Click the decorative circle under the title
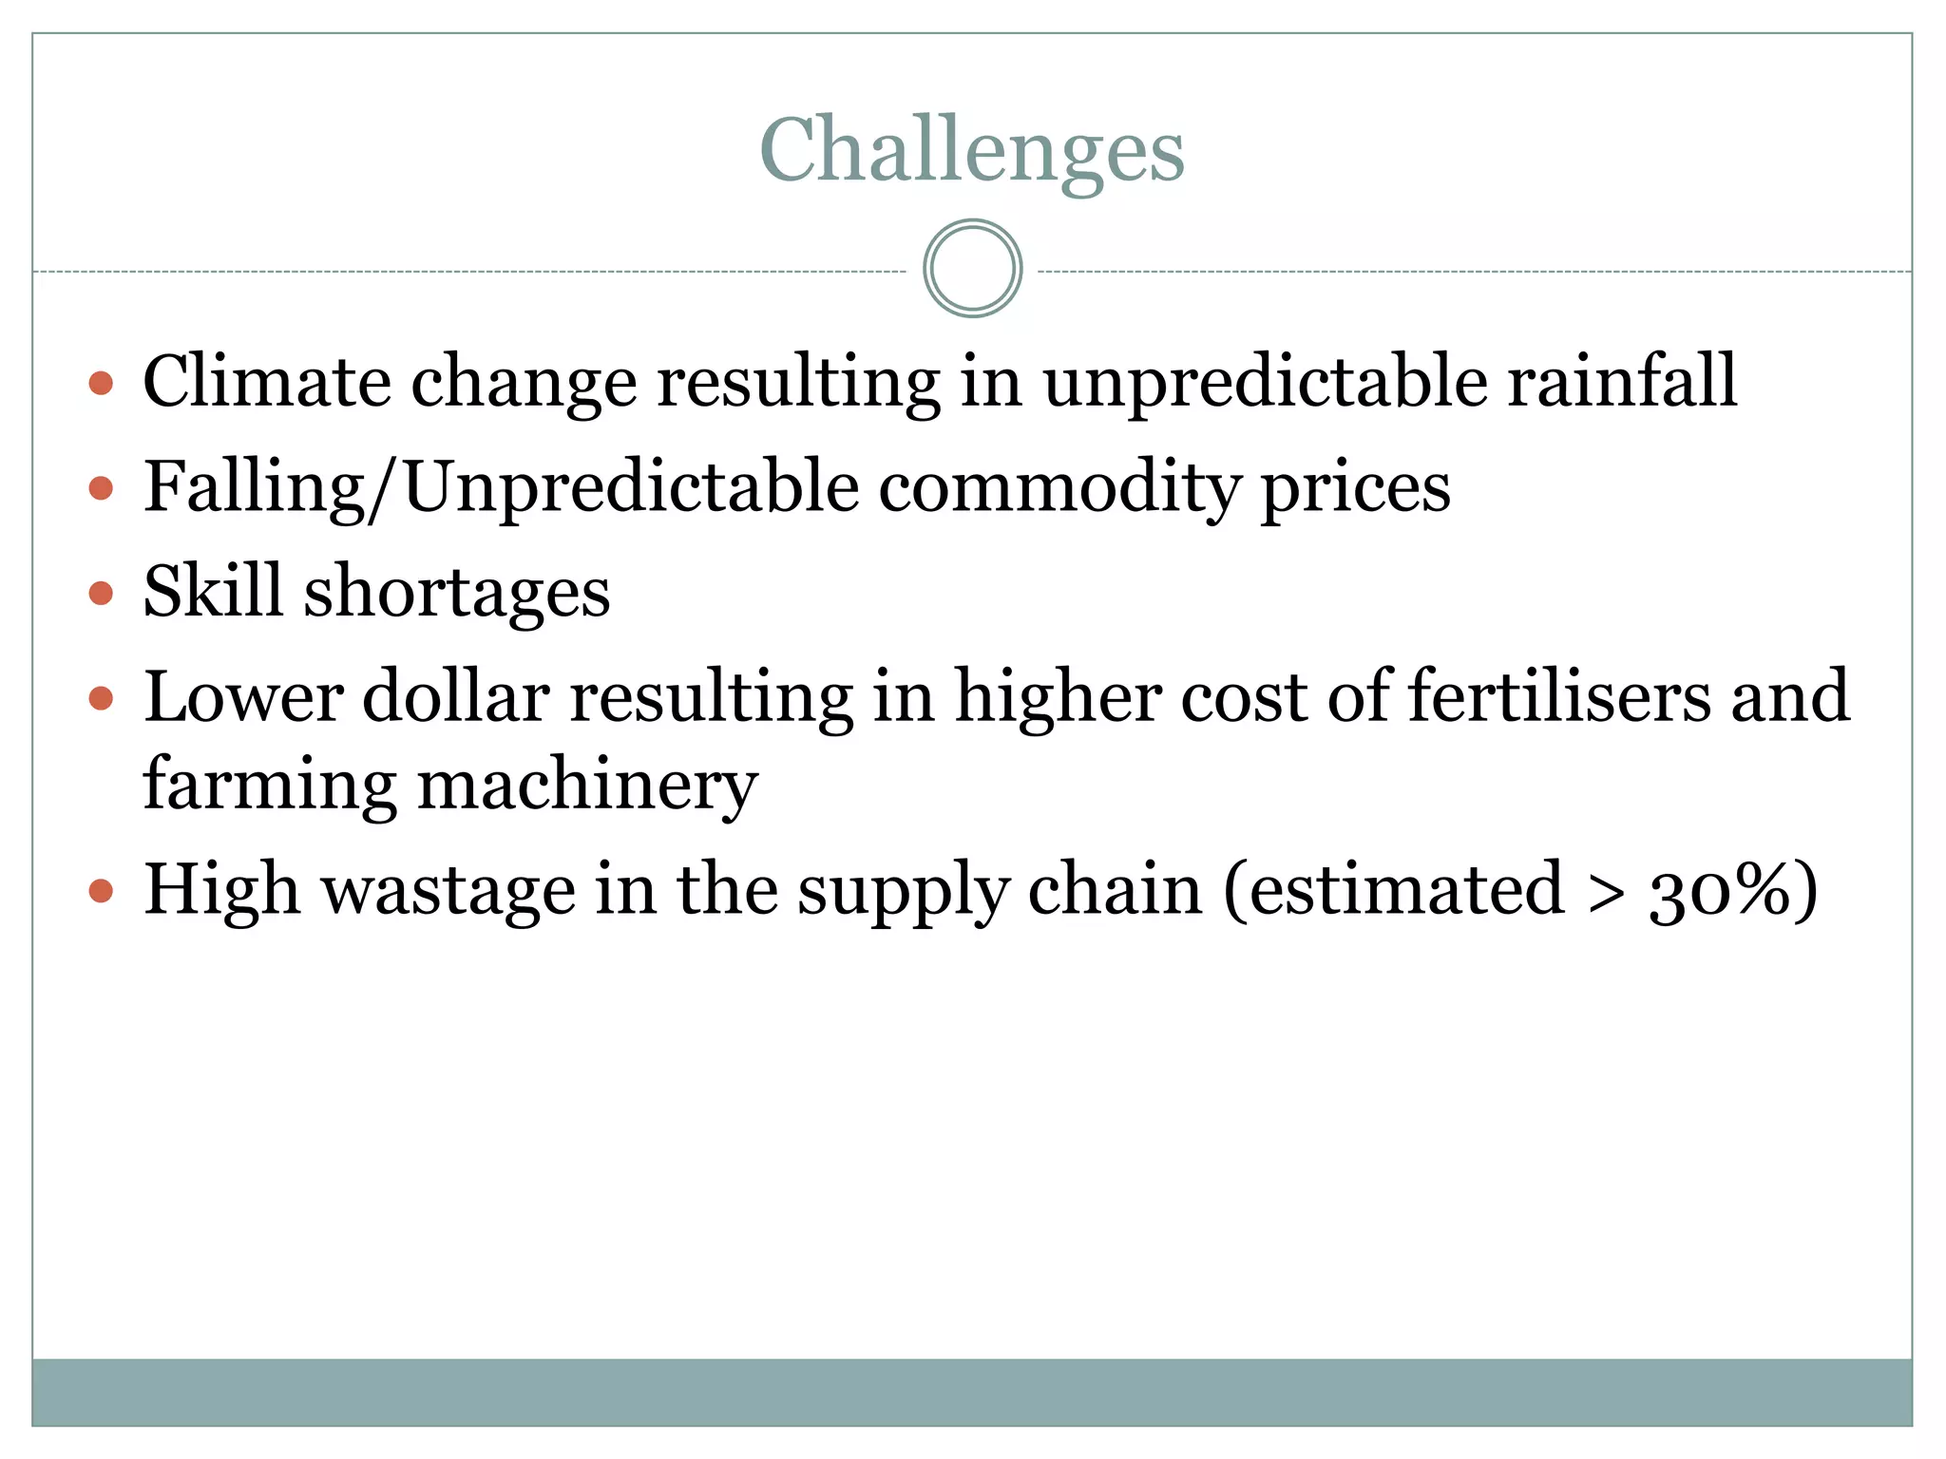[x=972, y=269]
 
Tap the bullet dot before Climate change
[x=101, y=384]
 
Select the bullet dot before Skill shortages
[x=101, y=594]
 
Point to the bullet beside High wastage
[x=101, y=892]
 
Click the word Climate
[x=267, y=382]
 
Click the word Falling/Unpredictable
[x=502, y=487]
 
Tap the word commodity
[x=1059, y=487]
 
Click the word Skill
[x=213, y=591]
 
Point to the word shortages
[x=457, y=593]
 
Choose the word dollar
[x=456, y=696]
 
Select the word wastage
[x=448, y=891]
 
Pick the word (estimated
[x=1393, y=890]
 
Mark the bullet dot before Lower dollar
[x=101, y=699]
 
